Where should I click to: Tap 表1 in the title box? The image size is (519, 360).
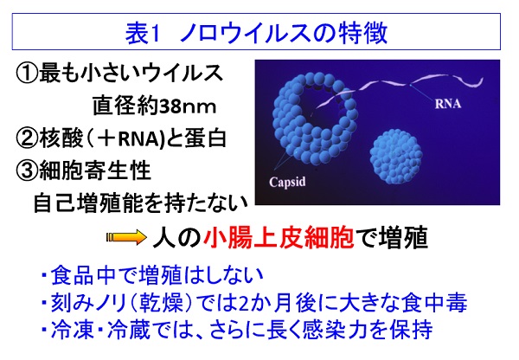[x=142, y=34]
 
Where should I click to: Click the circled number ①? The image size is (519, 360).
[x=27, y=74]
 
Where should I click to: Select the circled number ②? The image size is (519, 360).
[x=27, y=138]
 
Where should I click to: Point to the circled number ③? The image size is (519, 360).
[x=27, y=170]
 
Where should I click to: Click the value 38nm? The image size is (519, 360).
[x=188, y=106]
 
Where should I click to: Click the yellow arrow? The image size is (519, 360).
[x=126, y=237]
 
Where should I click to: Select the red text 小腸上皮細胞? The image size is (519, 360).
[x=279, y=237]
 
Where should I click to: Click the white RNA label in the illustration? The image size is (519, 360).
[x=448, y=104]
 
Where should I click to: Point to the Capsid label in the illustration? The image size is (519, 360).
[x=287, y=182]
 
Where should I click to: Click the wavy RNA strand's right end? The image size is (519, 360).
[x=483, y=79]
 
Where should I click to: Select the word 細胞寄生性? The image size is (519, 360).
[x=94, y=170]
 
